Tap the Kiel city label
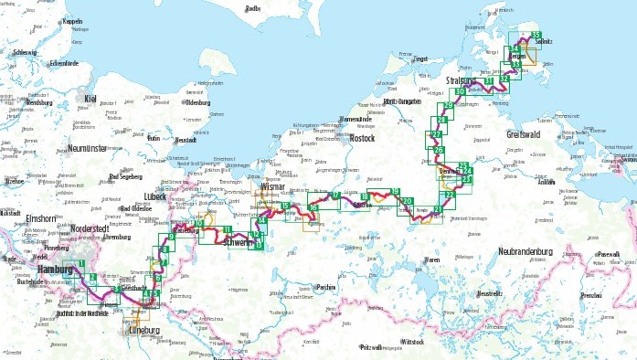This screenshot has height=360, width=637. (x=90, y=98)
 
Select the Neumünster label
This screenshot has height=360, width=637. (x=89, y=147)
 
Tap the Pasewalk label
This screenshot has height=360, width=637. (x=607, y=254)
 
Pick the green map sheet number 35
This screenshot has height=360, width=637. (x=536, y=35)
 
